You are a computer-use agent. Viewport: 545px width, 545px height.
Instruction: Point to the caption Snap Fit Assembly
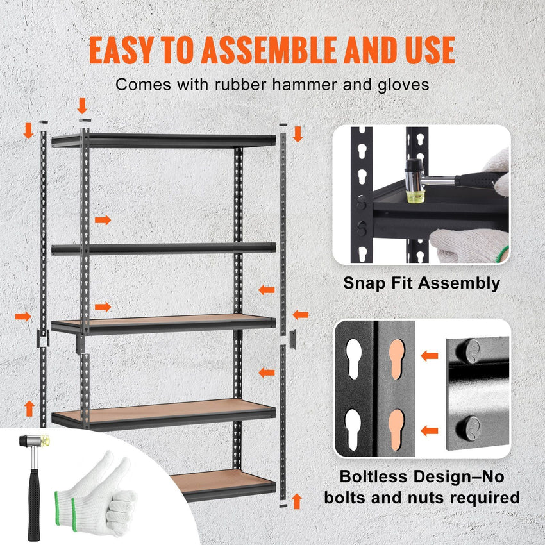(x=421, y=283)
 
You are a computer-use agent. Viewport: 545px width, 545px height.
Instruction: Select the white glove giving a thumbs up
(x=103, y=494)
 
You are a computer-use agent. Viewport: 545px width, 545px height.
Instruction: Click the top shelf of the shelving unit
(x=163, y=140)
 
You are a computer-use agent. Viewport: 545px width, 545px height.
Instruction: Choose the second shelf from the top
(x=163, y=248)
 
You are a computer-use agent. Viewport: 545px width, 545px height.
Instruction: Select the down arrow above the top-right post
(x=297, y=134)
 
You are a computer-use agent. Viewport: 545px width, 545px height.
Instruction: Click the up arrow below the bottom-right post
(x=296, y=500)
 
